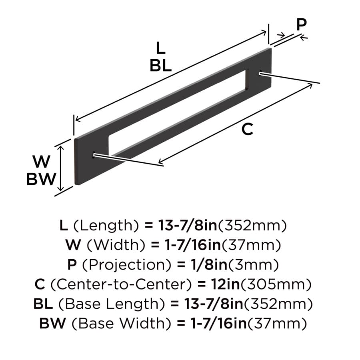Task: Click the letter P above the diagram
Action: tap(302, 24)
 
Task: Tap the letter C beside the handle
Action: tap(247, 130)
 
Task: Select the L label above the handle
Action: tap(160, 48)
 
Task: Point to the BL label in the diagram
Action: tap(160, 66)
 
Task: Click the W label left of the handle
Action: tap(41, 162)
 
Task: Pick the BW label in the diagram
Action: tap(41, 179)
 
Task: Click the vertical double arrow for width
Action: tap(60, 168)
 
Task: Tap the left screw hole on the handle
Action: tap(94, 155)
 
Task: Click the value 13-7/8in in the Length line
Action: tap(188, 226)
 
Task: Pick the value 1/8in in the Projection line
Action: tap(209, 265)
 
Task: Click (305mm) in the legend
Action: tap(276, 284)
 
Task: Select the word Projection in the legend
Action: tap(127, 265)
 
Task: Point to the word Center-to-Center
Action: tap(121, 284)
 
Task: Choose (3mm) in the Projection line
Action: tap(253, 265)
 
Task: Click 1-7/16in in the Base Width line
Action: tap(218, 324)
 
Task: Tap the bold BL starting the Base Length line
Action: tap(43, 304)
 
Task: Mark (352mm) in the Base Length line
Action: tap(278, 304)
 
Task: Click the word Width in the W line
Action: tap(116, 245)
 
